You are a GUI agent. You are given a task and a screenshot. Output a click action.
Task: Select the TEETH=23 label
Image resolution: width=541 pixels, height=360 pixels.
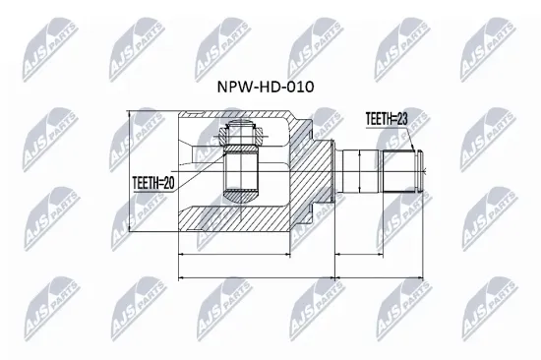click(386, 118)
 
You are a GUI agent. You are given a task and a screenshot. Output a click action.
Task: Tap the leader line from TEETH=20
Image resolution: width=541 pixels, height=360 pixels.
click(202, 177)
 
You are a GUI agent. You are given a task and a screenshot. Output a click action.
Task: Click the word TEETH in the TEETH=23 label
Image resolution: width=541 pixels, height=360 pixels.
click(376, 118)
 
